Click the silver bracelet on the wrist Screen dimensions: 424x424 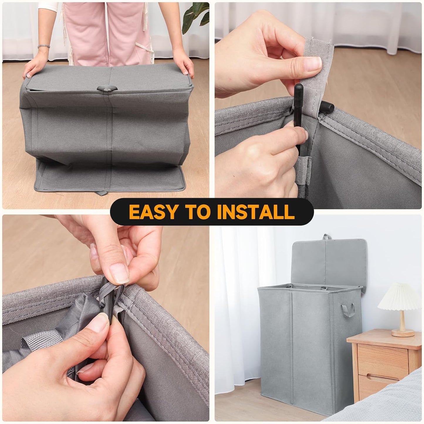[43, 46]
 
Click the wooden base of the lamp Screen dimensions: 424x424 [403, 333]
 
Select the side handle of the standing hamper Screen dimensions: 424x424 [348, 310]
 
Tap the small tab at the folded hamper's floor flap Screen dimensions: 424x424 [101, 193]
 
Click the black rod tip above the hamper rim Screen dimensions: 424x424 [299, 88]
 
